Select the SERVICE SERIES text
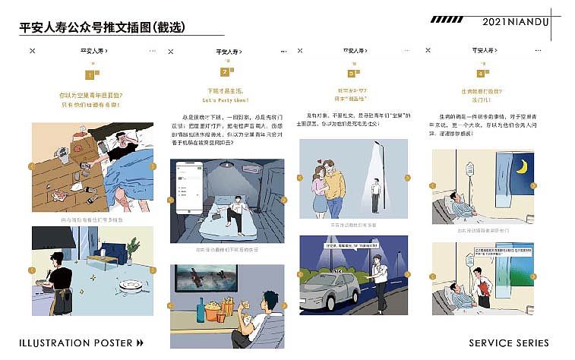[508, 343]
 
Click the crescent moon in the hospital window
[522, 166]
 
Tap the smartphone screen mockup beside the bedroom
[190, 187]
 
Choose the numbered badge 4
[481, 74]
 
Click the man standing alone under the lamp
[375, 194]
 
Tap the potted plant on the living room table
[133, 248]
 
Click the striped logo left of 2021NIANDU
[447, 21]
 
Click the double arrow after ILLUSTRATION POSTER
[140, 343]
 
